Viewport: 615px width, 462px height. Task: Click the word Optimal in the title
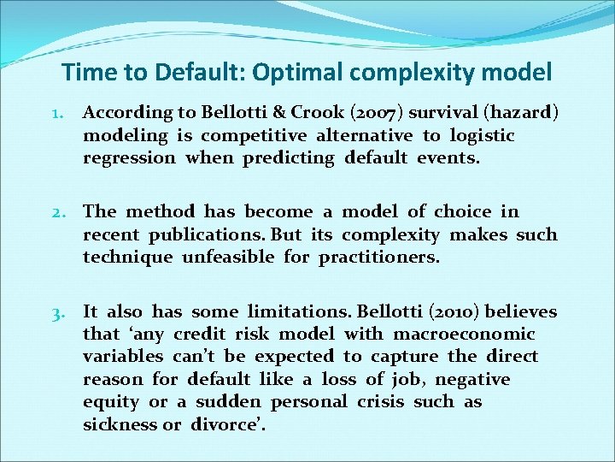pos(290,73)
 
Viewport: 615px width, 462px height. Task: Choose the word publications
pos(205,234)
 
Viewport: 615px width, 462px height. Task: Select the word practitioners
pos(379,257)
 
